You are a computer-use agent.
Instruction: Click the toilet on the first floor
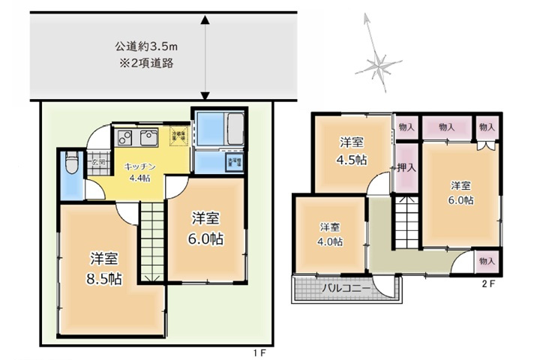tap(70, 163)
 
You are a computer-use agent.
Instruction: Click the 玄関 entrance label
tap(97, 162)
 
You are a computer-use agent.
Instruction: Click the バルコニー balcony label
tap(346, 288)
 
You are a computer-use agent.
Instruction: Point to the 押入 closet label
tap(406, 169)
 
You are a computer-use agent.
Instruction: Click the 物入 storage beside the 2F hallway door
tap(486, 261)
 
